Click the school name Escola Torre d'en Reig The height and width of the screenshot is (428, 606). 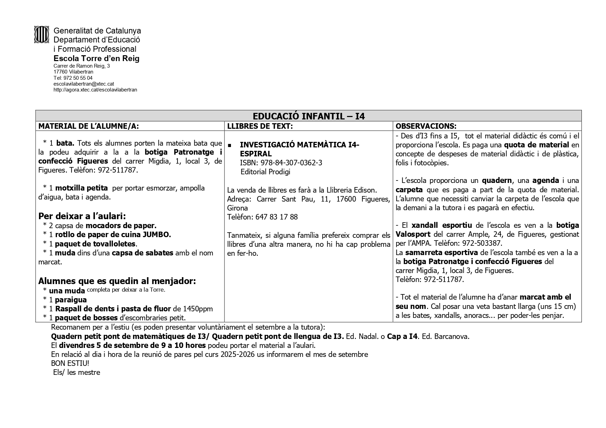coord(96,58)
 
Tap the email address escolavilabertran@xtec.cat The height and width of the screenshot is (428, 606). coord(84,84)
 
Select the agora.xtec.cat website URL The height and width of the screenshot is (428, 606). coord(95,90)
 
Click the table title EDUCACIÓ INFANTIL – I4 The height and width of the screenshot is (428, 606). coord(308,116)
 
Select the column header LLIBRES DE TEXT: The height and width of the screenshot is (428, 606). coord(260,126)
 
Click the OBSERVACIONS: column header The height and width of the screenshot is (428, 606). coord(426,126)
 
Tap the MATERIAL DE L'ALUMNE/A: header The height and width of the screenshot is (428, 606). coord(88,126)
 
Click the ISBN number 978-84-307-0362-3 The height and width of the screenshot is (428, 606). coord(291,163)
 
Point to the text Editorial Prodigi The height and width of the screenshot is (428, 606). coord(265,172)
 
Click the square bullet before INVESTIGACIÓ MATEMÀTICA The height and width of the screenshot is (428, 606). coord(230,146)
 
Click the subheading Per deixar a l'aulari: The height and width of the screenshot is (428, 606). coord(82,216)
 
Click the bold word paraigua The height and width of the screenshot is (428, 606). coord(71,300)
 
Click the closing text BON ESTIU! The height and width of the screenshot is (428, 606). coord(70,363)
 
